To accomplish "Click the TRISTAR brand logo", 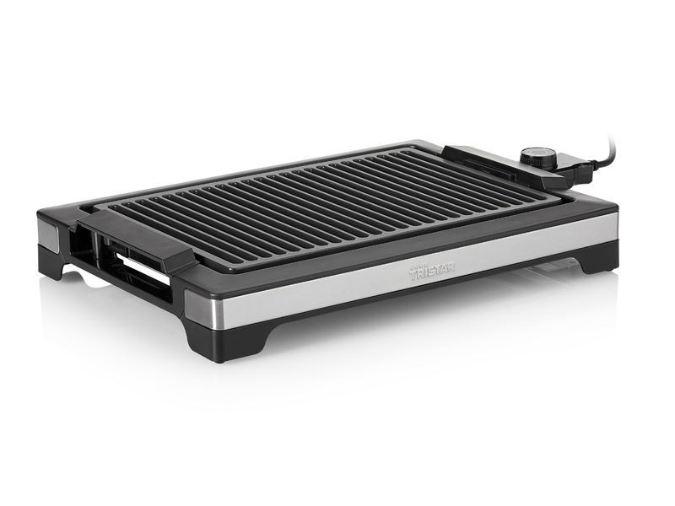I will point(431,272).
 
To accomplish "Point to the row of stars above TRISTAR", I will point(419,266).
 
